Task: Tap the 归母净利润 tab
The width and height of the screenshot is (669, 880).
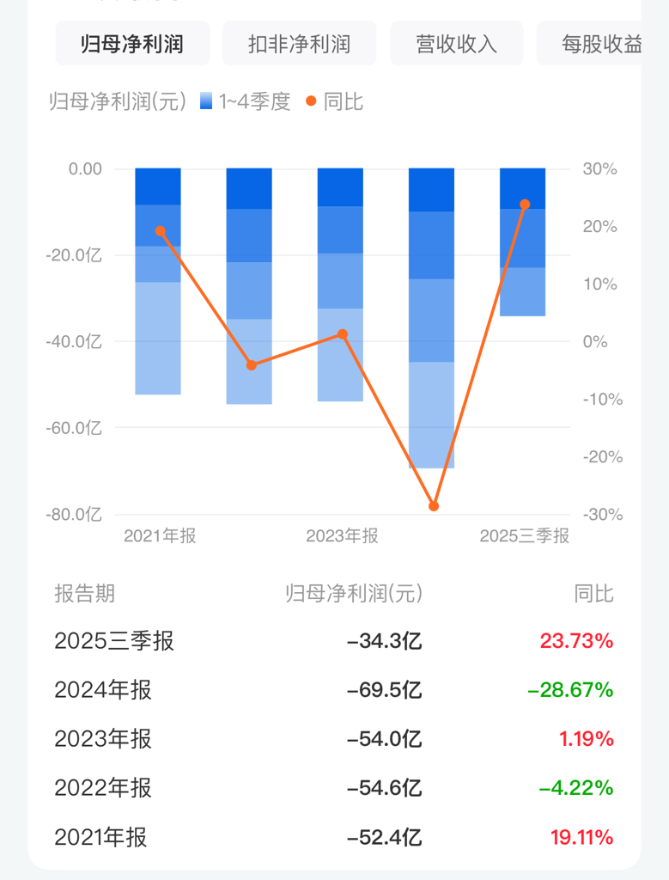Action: pos(132,44)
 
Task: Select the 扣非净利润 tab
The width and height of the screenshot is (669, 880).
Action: pos(299,44)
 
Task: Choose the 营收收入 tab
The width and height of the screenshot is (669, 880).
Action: pos(456,44)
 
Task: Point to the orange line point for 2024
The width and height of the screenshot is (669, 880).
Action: pos(434,506)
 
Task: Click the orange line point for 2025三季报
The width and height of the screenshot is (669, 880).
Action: pos(525,205)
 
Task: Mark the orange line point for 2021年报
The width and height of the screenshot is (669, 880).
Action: pos(160,231)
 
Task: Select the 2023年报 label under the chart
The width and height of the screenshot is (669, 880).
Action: pos(342,536)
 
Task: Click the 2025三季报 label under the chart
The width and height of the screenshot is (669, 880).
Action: pos(524,536)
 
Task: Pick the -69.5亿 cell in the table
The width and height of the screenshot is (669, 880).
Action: pos(384,690)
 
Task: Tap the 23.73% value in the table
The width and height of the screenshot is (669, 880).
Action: pos(576,641)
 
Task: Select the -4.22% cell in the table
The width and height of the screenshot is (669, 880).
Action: pos(570,788)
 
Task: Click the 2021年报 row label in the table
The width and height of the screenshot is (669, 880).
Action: pos(100,837)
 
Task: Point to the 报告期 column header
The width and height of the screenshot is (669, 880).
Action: pos(84,593)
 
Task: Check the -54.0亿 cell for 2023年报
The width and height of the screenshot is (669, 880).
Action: pos(384,739)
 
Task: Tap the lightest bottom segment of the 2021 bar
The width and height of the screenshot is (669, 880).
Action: pos(158,338)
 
